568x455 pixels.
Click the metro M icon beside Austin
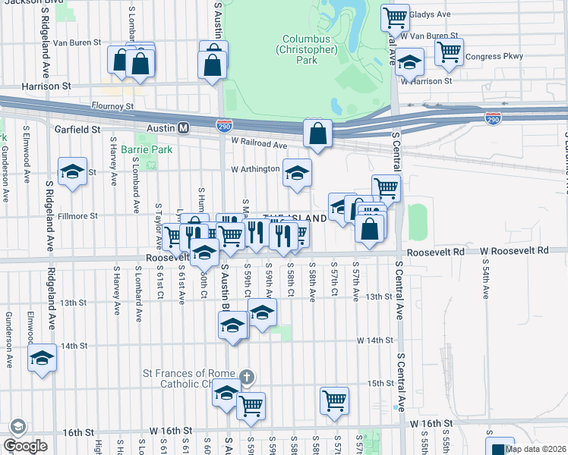[183, 129]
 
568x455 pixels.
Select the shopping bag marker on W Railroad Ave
[317, 134]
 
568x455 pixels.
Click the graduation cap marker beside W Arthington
[297, 173]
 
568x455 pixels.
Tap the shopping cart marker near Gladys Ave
[395, 17]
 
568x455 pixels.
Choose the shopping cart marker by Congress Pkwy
[449, 52]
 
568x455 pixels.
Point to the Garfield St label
[77, 130]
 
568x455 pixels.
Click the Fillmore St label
[77, 216]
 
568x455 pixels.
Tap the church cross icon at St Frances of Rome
[245, 377]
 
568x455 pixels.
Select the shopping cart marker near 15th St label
[334, 400]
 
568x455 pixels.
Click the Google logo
[26, 445]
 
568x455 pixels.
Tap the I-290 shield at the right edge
[493, 119]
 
